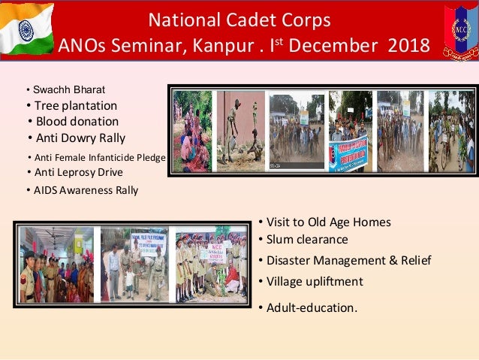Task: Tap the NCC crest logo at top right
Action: click(x=460, y=31)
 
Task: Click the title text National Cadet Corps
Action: click(x=239, y=18)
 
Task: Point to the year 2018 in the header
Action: click(x=409, y=46)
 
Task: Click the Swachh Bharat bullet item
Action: click(x=68, y=89)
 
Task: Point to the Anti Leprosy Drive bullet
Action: click(x=78, y=172)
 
